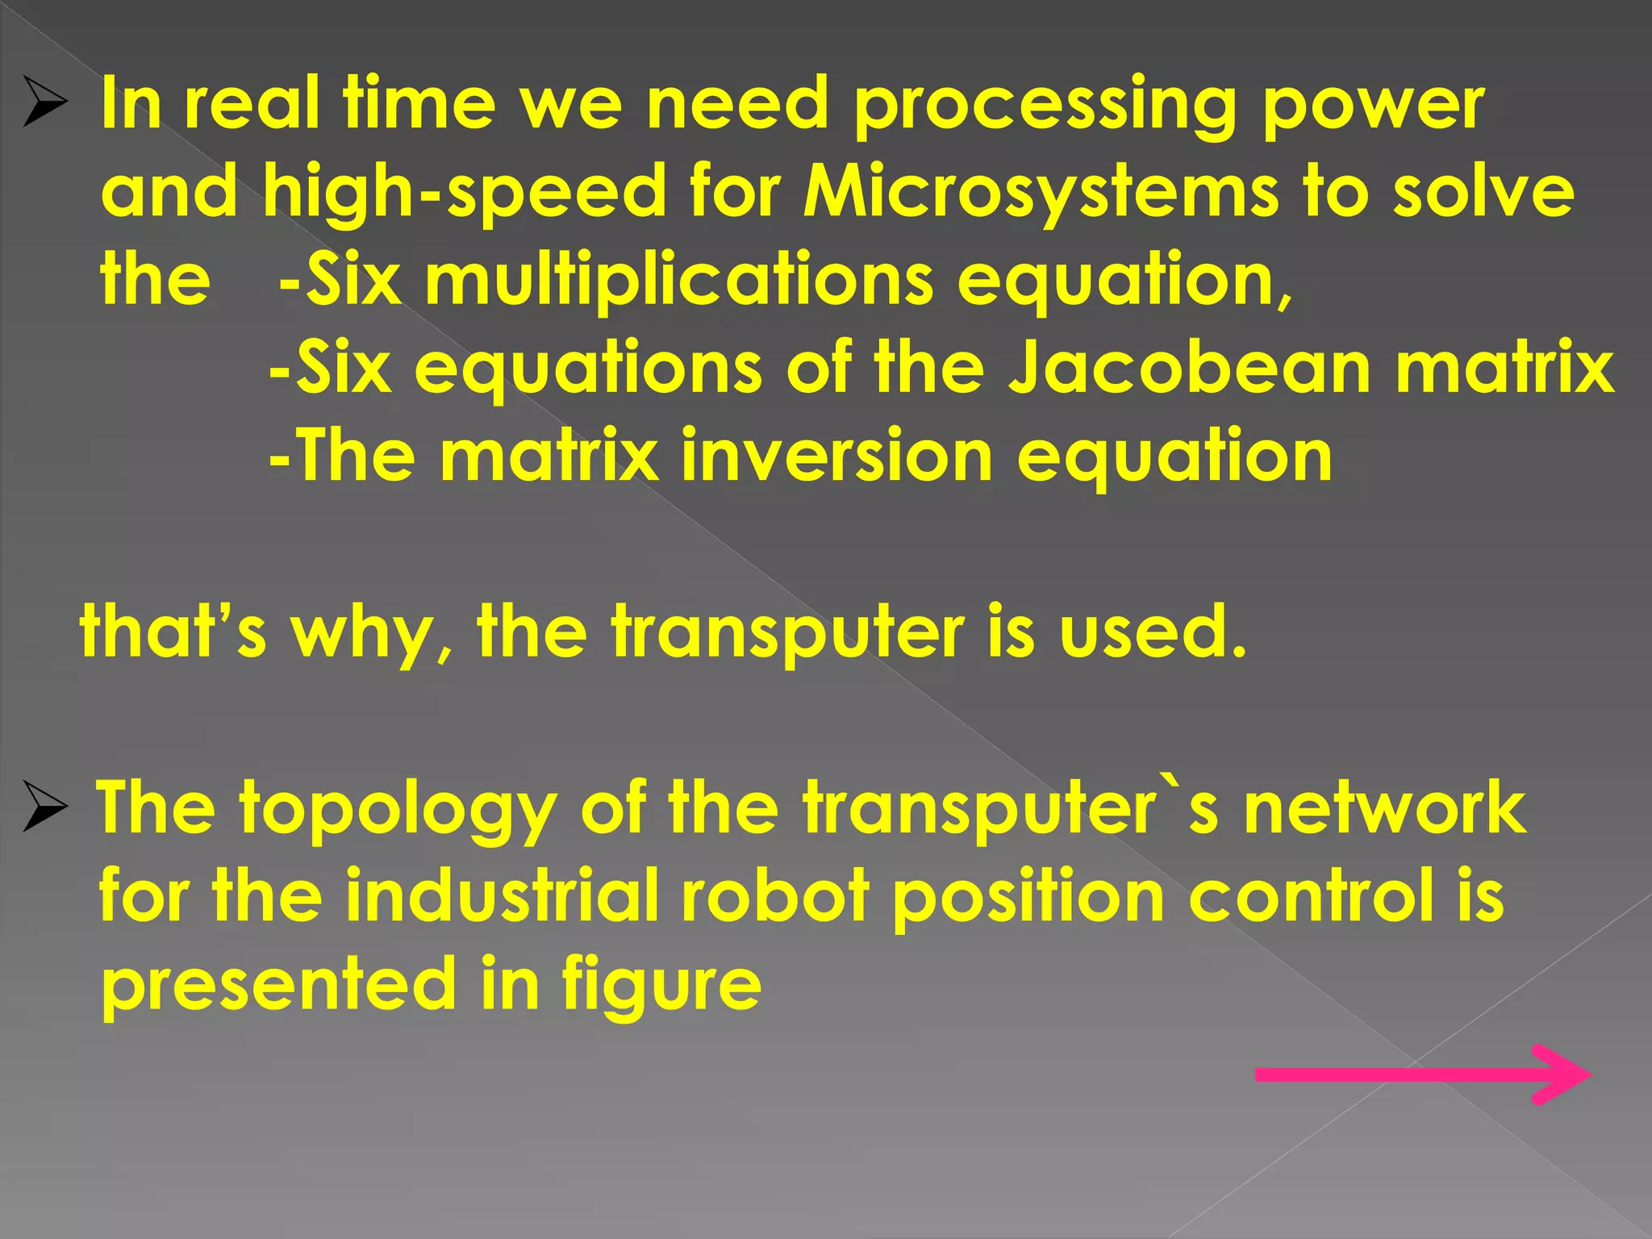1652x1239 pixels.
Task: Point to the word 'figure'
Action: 661,986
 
